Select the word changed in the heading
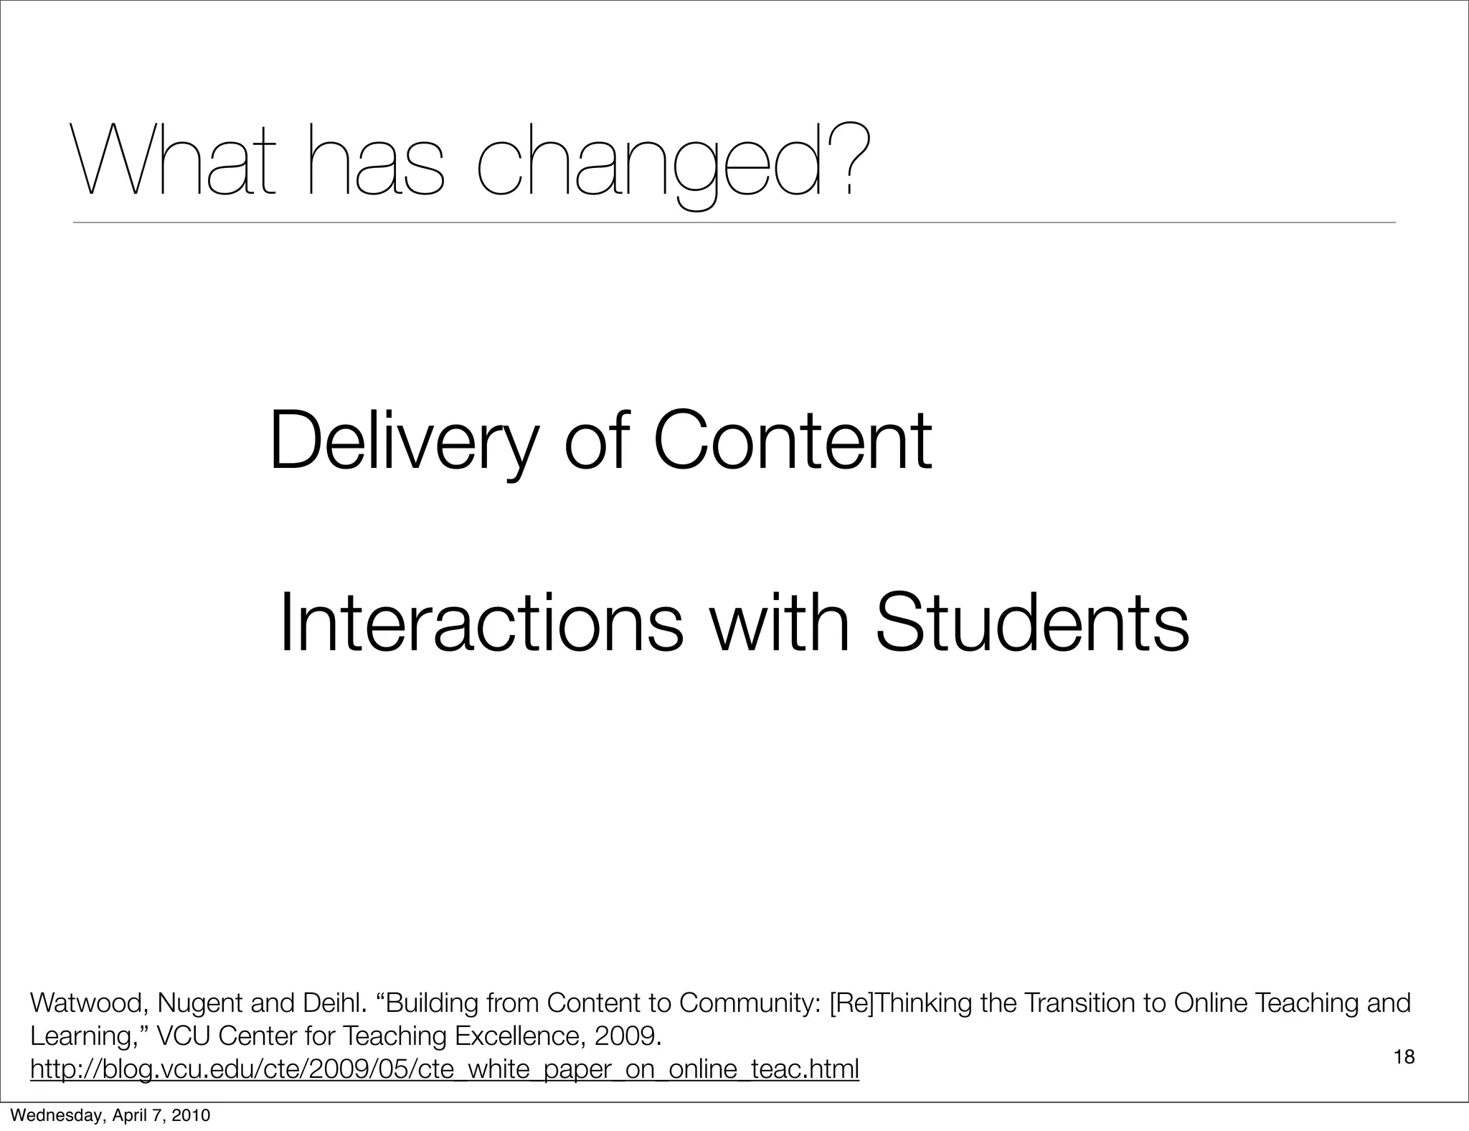point(649,161)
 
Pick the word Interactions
point(481,623)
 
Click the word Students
point(1032,623)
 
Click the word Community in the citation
point(749,1003)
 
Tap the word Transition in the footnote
point(1082,1003)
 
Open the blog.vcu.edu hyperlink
point(444,1069)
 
